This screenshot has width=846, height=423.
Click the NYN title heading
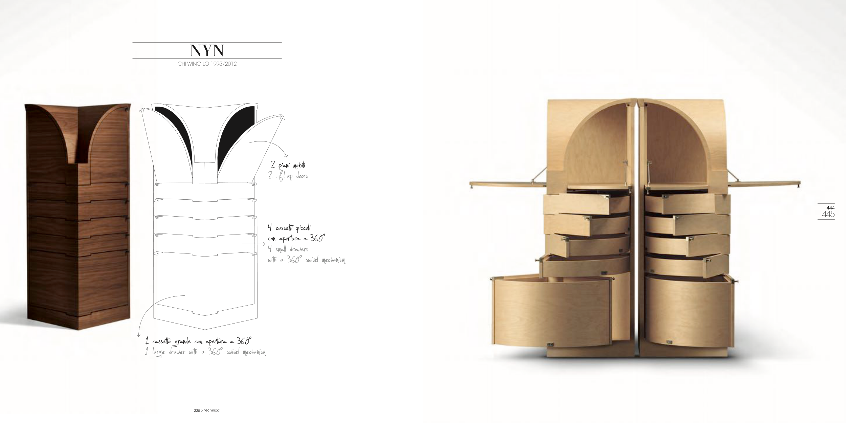(x=207, y=50)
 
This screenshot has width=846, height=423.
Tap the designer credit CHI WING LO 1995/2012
(x=207, y=64)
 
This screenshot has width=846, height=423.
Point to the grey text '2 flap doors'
(x=288, y=176)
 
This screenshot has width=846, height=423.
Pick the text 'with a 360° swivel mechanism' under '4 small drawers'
(x=306, y=260)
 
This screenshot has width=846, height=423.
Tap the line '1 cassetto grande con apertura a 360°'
(x=199, y=340)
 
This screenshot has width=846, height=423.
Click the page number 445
(x=828, y=214)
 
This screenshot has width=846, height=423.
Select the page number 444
(x=830, y=207)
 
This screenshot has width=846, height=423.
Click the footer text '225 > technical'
(x=207, y=410)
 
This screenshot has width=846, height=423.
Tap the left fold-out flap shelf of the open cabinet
(x=508, y=184)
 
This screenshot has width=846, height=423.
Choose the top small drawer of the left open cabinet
(x=587, y=204)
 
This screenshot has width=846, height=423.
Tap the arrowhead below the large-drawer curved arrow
(x=138, y=335)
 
